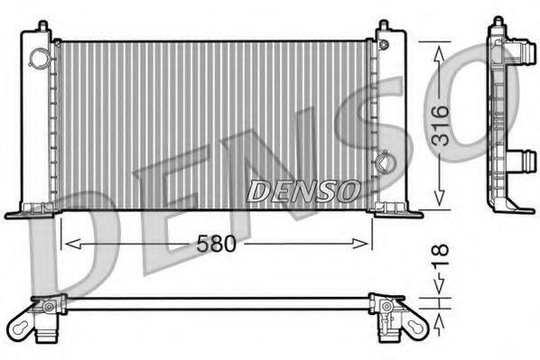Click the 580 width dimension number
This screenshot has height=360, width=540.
216,243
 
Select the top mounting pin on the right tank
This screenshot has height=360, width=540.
384,26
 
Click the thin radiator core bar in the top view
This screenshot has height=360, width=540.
217,301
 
